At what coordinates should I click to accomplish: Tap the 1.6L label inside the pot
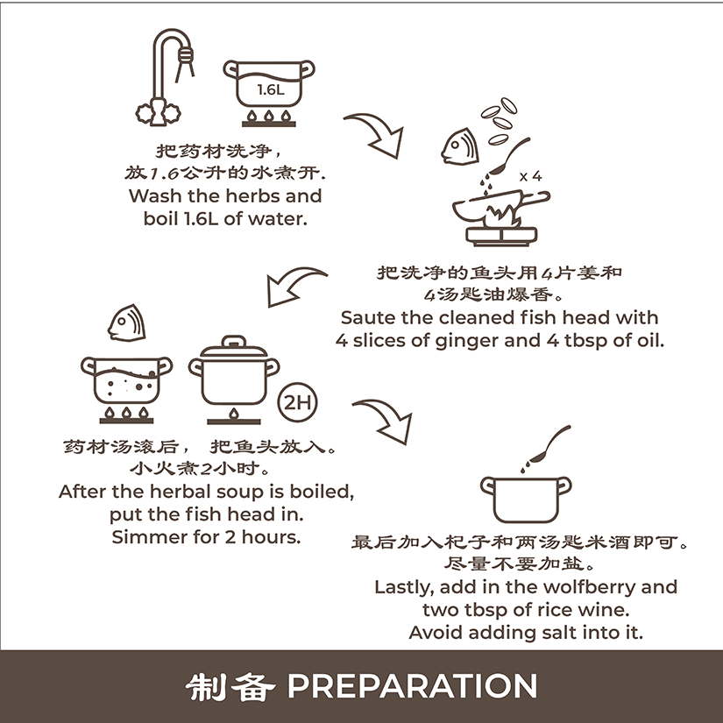271,89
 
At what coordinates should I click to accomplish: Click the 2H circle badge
297,402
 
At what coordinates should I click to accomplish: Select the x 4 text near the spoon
530,176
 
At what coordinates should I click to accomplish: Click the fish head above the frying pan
460,146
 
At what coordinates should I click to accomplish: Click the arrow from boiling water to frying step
378,131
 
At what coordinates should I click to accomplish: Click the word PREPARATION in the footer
413,686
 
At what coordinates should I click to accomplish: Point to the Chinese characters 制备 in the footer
230,686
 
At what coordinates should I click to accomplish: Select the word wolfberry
589,587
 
